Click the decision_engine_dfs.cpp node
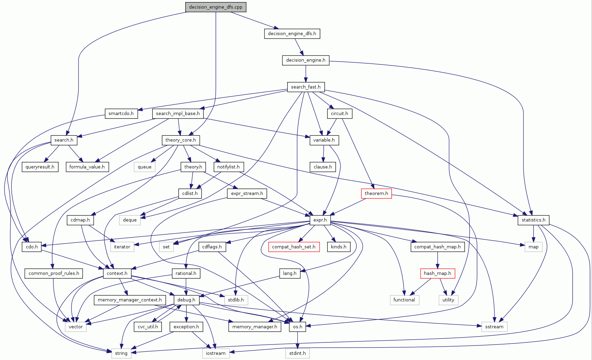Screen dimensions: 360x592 click(216, 7)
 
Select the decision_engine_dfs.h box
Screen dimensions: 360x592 click(292, 33)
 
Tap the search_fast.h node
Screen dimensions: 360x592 click(306, 87)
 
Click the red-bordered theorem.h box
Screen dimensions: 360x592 click(376, 193)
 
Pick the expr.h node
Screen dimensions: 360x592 click(320, 220)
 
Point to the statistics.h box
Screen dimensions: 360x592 click(533, 220)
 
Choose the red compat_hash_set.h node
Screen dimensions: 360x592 click(294, 247)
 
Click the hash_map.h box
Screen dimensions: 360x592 click(437, 273)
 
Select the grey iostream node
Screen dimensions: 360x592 click(216, 353)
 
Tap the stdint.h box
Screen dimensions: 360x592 click(298, 353)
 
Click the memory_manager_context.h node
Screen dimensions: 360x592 click(130, 300)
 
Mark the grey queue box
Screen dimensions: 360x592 click(145, 167)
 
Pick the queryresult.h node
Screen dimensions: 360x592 click(40, 167)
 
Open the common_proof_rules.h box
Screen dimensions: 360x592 click(54, 273)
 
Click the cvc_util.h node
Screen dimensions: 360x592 click(148, 327)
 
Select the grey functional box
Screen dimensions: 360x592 click(404, 300)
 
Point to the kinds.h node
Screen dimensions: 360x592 click(339, 247)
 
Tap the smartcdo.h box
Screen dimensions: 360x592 click(121, 113)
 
